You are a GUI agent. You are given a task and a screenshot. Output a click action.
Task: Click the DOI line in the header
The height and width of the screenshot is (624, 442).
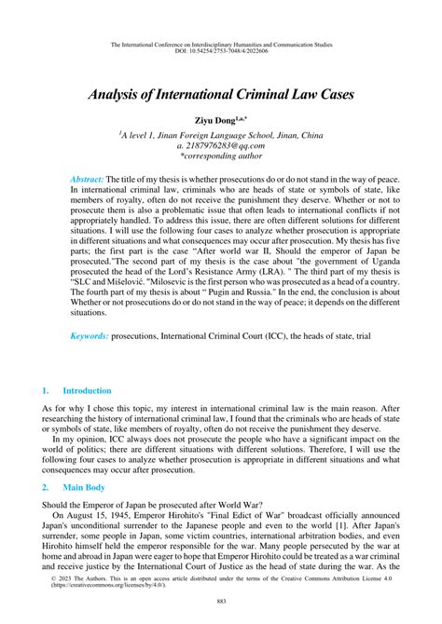pyautogui.click(x=220, y=50)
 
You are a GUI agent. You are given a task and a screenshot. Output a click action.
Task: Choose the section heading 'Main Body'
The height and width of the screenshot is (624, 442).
pyautogui.click(x=82, y=486)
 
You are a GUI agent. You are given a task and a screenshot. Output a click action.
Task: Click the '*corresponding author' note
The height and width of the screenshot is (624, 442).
pyautogui.click(x=220, y=156)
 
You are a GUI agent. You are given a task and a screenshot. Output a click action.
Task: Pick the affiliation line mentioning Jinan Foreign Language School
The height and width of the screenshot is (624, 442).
pyautogui.click(x=220, y=134)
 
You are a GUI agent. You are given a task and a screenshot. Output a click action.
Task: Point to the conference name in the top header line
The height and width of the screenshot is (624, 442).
pyautogui.click(x=220, y=43)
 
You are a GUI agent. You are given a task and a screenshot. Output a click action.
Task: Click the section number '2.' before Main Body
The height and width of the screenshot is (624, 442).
pyautogui.click(x=45, y=486)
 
